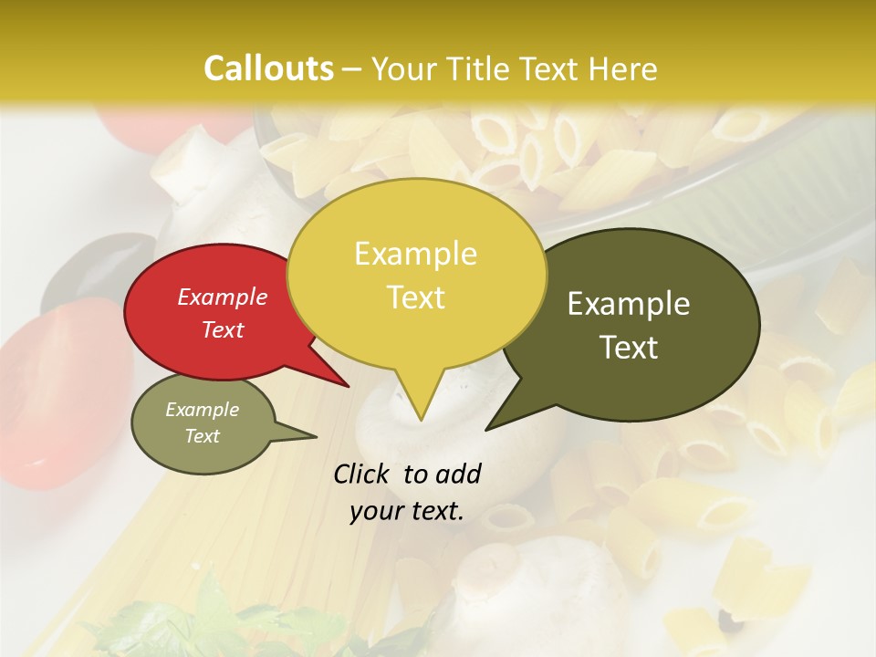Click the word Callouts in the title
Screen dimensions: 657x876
(268, 68)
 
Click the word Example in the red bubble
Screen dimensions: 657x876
(223, 297)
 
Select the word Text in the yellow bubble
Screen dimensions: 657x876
(416, 297)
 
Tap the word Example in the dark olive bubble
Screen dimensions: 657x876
(629, 304)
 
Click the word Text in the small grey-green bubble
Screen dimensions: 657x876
(203, 436)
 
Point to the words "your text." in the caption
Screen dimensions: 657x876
(407, 511)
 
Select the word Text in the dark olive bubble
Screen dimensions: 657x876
(630, 348)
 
